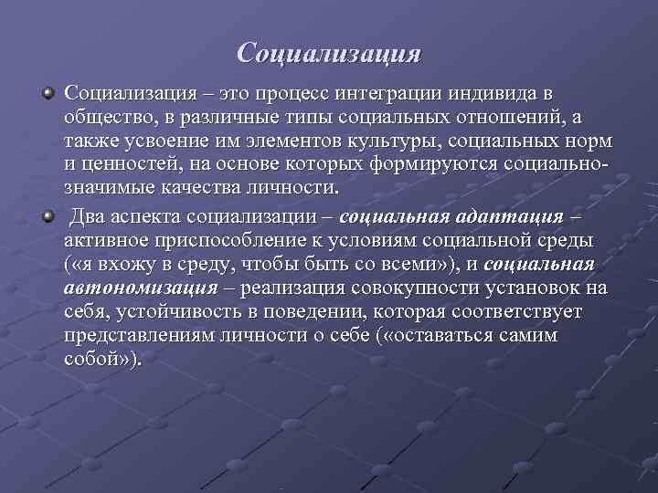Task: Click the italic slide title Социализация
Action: [329, 52]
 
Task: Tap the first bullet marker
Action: [48, 93]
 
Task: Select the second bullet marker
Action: [48, 216]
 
